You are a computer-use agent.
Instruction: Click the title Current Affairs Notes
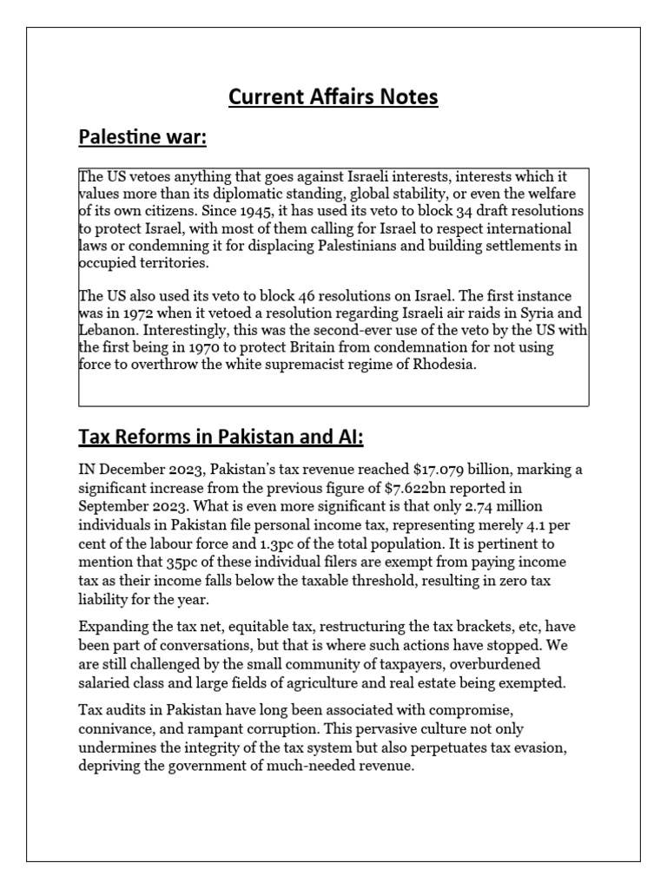click(x=333, y=97)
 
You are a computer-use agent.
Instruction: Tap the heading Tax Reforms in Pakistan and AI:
click(x=227, y=435)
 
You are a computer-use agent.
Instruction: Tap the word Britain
click(x=320, y=347)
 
